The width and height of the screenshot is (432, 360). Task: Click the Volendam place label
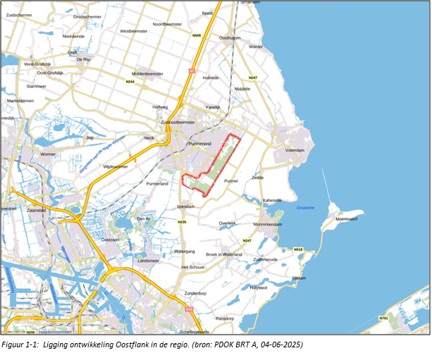[x=294, y=151]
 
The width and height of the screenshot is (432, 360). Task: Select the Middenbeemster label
[x=147, y=73]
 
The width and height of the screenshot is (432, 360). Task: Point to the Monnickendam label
[x=267, y=223]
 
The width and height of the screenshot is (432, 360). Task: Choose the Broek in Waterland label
[x=223, y=254]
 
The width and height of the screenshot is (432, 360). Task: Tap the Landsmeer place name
[x=149, y=260]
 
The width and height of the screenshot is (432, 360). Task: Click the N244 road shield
[x=131, y=81]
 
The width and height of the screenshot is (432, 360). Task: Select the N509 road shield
[x=197, y=35]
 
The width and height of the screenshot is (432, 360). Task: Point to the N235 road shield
[x=182, y=222]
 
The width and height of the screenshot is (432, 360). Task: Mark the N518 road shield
[x=298, y=249]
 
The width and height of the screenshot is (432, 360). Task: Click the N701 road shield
[x=383, y=318]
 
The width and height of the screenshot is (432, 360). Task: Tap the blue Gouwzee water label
[x=304, y=208]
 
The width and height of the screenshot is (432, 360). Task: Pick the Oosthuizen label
[x=230, y=38]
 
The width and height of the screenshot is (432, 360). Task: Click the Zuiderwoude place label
[x=266, y=259]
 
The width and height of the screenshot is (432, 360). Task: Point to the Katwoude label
[x=272, y=199]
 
